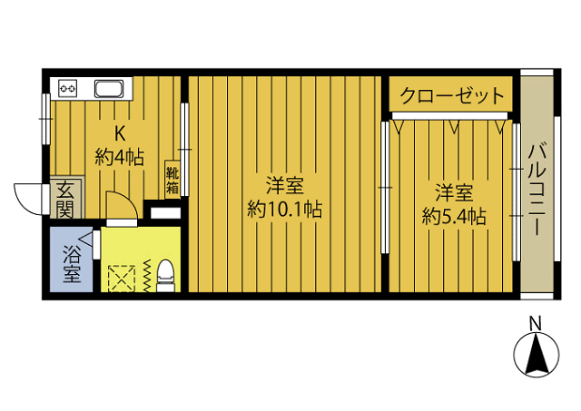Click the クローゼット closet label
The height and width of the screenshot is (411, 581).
(451, 95)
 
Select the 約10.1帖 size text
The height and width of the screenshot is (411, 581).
(285, 210)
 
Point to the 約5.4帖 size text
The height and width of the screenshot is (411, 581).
(453, 216)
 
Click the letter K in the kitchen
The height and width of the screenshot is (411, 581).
(119, 130)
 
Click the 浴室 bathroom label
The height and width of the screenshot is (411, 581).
(70, 263)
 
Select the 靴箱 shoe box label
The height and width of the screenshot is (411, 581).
(172, 178)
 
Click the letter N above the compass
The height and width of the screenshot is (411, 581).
(536, 322)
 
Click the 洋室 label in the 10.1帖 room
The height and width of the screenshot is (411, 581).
(285, 186)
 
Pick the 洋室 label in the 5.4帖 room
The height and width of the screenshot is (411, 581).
(453, 192)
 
